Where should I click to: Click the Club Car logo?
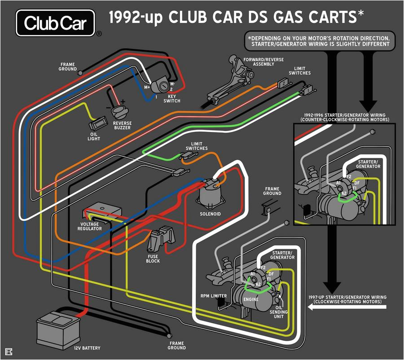pos(56,23)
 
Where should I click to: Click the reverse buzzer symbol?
pos(119,110)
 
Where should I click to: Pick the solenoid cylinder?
pos(211,195)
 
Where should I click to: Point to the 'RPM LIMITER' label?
pos(214,296)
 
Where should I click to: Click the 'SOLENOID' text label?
pos(211,214)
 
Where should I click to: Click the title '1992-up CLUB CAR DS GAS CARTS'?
pos(236,18)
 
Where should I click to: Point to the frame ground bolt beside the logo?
pos(80,73)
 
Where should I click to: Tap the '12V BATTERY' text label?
pos(88,348)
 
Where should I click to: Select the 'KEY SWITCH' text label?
pos(171,98)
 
